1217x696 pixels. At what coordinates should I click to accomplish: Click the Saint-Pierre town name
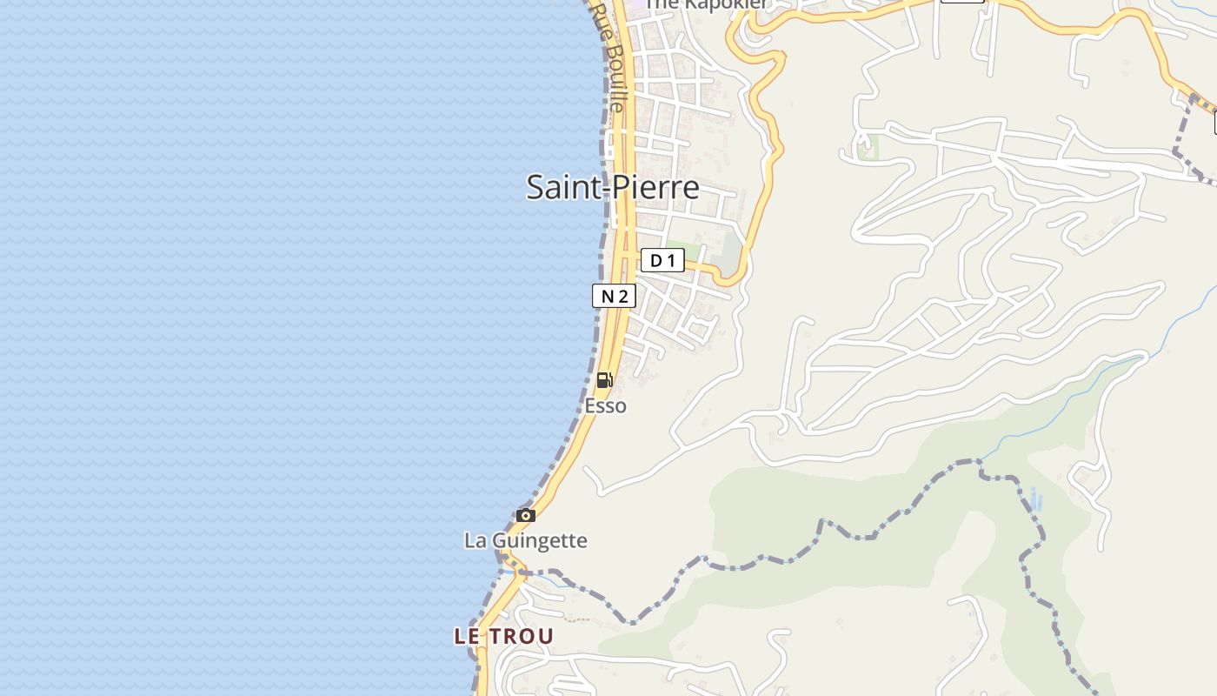613,187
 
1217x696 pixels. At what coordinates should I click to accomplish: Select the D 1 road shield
662,260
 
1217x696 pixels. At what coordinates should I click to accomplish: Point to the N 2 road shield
614,296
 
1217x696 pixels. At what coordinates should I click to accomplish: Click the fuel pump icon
604,380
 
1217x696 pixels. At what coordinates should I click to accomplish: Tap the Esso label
605,405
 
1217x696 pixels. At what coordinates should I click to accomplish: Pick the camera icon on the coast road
525,515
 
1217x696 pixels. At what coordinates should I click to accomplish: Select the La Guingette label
526,540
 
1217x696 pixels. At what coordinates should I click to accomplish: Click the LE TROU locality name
503,636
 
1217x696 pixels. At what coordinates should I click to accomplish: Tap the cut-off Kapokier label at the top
706,5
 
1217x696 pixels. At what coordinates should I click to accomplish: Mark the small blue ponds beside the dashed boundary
1034,499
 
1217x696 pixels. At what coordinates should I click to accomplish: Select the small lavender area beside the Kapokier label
639,4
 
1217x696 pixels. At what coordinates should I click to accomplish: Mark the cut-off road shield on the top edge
961,2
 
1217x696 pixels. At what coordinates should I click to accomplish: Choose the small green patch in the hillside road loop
868,147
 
